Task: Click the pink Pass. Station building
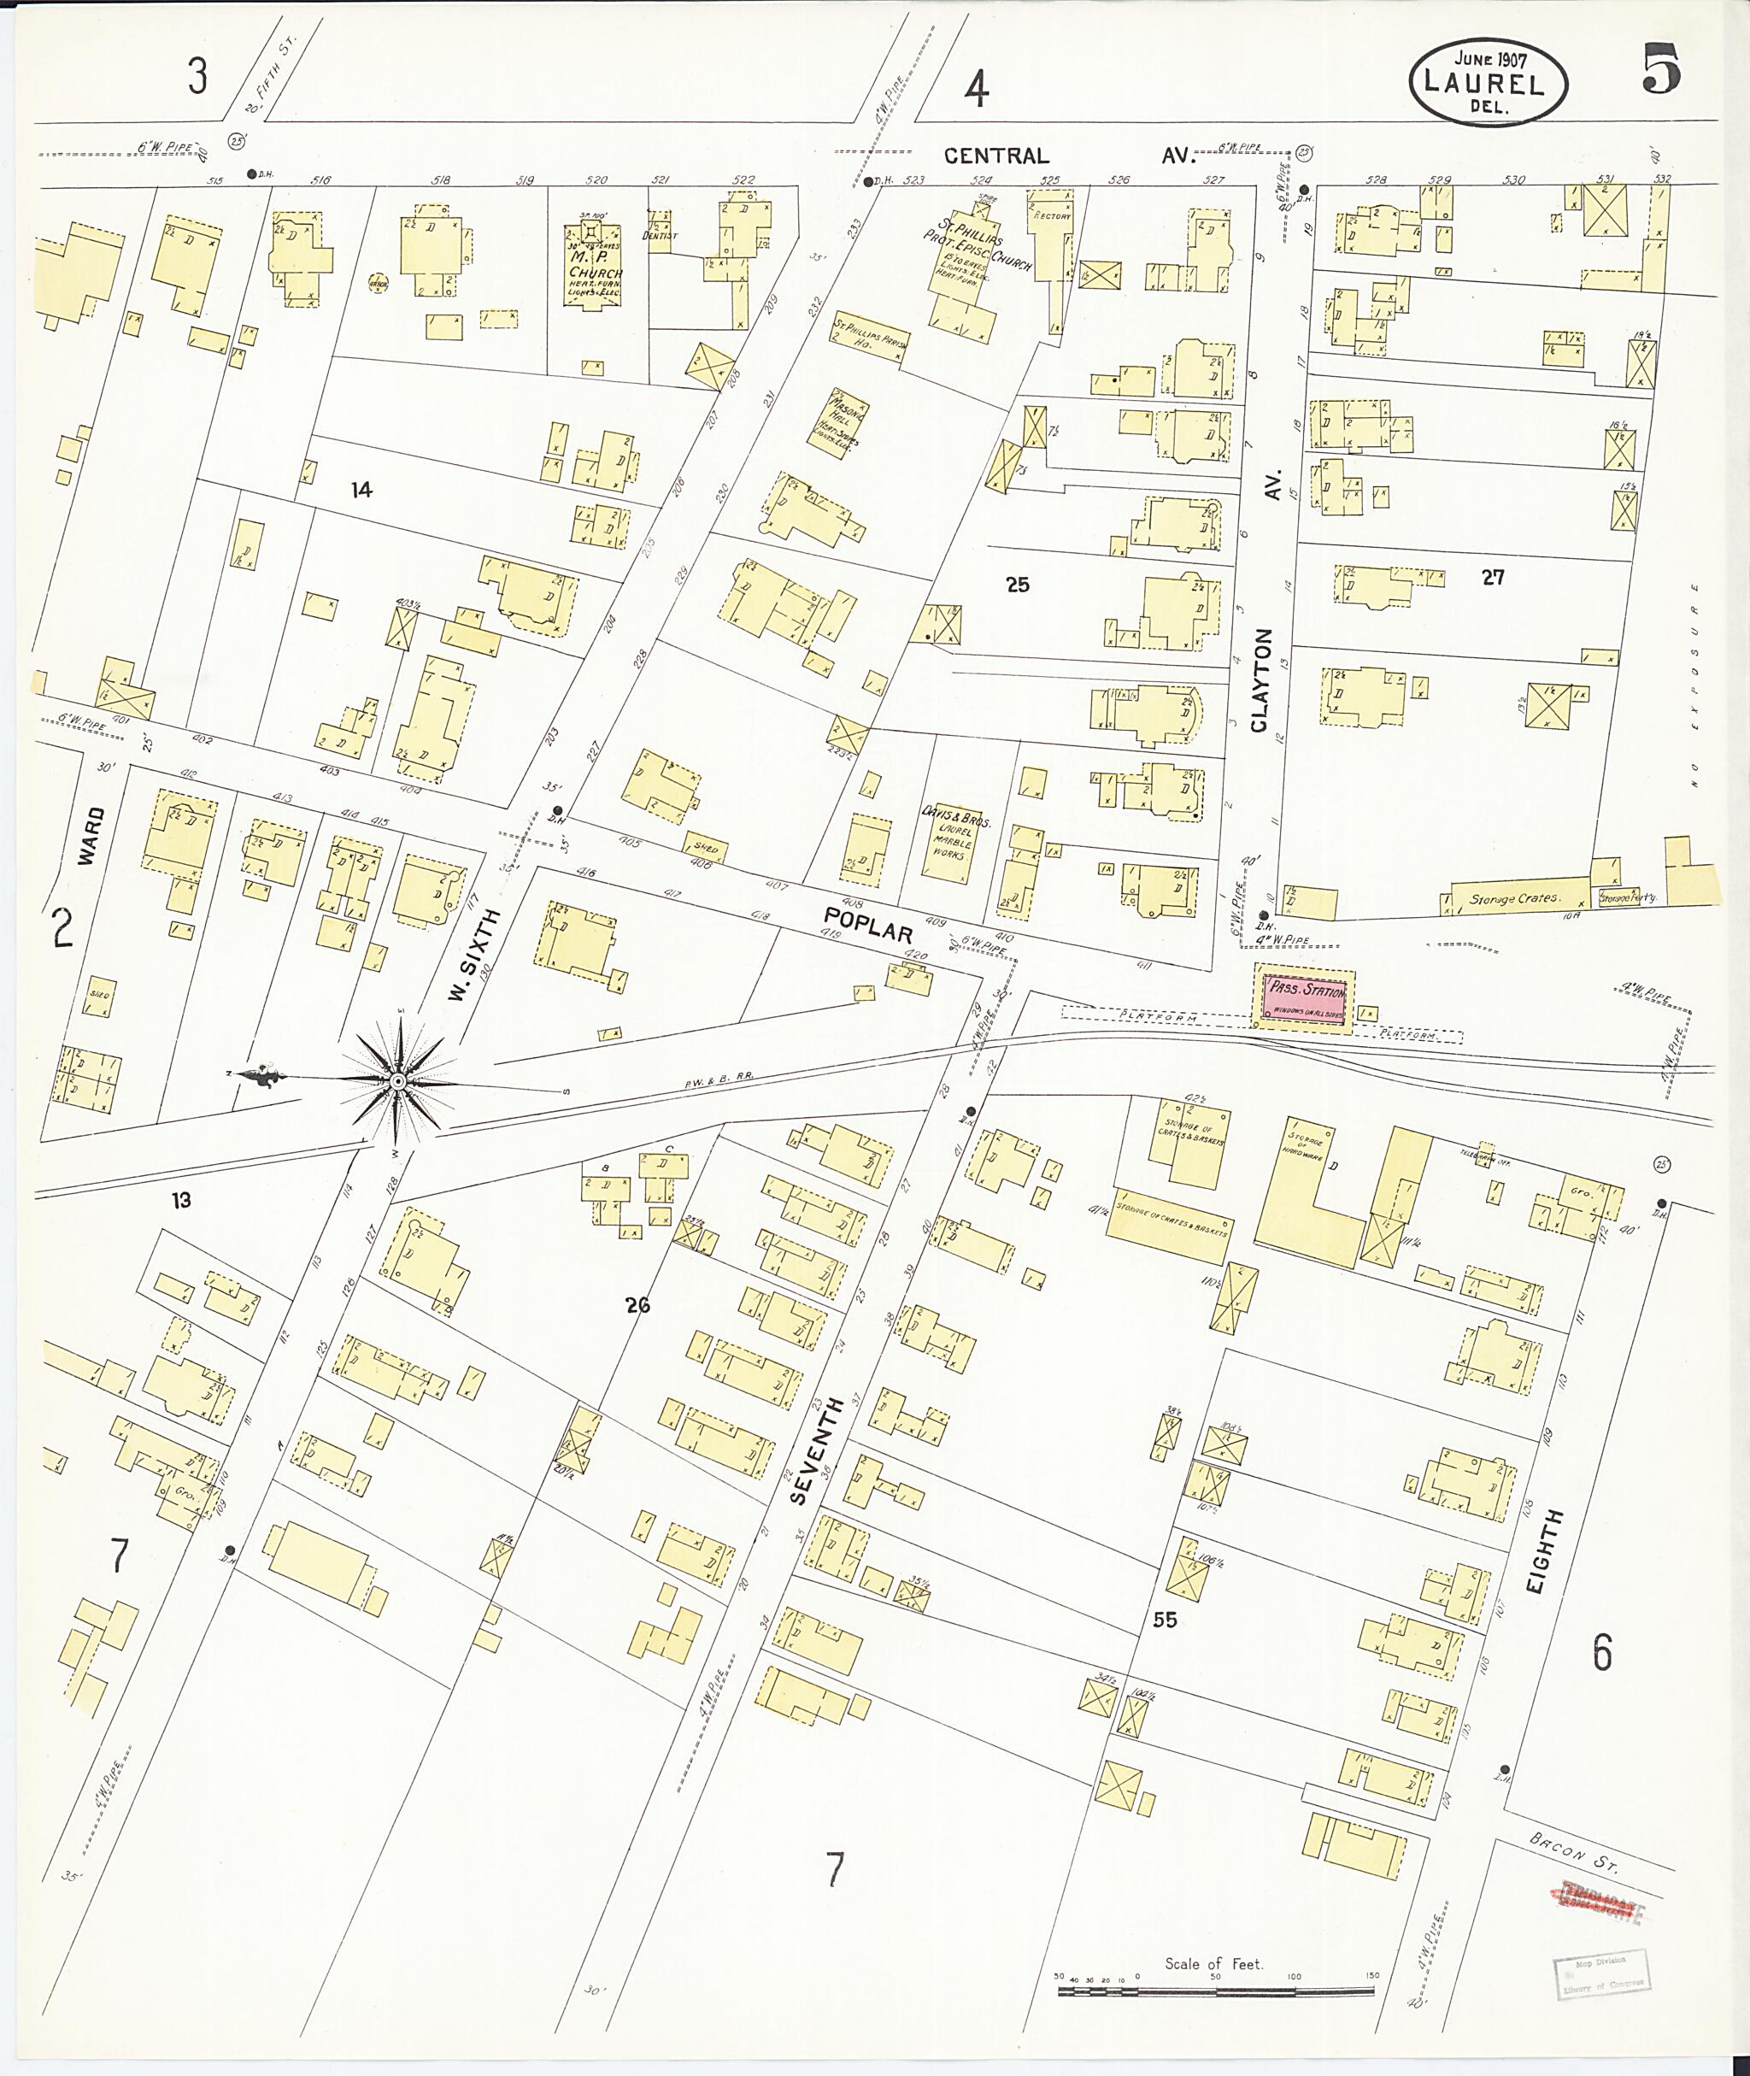pyautogui.click(x=1304, y=997)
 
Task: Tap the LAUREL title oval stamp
pyautogui.click(x=1487, y=84)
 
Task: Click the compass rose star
pyautogui.click(x=396, y=1079)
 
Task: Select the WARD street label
pyautogui.click(x=91, y=836)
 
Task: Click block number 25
pyautogui.click(x=1017, y=585)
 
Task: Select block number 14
pyautogui.click(x=361, y=489)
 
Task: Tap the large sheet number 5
pyautogui.click(x=1659, y=72)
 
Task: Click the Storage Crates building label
pyautogui.click(x=1515, y=898)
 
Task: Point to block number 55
pyautogui.click(x=1165, y=1620)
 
